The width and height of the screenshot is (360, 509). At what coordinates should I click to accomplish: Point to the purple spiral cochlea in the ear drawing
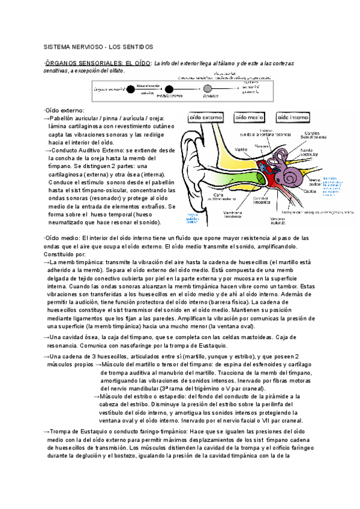(294, 175)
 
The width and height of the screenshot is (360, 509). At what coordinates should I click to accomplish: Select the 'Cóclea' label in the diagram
(310, 191)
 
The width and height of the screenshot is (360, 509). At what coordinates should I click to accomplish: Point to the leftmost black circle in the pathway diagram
(131, 89)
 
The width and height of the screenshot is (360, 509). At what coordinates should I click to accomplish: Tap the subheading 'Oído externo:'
(65, 110)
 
